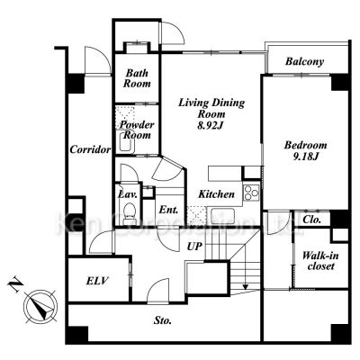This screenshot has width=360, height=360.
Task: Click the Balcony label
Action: [304, 61]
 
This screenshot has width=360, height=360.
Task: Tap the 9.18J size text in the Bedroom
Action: [305, 157]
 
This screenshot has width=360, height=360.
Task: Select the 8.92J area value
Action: [211, 125]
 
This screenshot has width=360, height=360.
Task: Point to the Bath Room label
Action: [137, 78]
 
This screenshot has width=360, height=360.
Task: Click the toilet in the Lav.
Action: [130, 211]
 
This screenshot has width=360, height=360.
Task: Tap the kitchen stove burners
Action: [251, 193]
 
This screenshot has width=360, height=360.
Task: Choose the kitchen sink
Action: [222, 215]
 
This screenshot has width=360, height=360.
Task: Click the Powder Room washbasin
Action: [127, 142]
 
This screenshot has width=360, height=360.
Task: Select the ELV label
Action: [97, 281]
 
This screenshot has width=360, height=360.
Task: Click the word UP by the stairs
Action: [194, 247]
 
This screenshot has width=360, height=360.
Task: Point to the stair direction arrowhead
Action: [246, 287]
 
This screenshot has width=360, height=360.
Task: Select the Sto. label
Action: [163, 320]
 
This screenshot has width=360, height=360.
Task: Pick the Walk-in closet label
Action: [320, 261]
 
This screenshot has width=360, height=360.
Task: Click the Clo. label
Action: [312, 220]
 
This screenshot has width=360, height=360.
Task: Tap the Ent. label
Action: [168, 210]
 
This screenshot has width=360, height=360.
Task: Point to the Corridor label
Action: [90, 149]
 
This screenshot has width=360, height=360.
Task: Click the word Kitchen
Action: [216, 194]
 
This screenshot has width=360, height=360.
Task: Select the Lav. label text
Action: [128, 194]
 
